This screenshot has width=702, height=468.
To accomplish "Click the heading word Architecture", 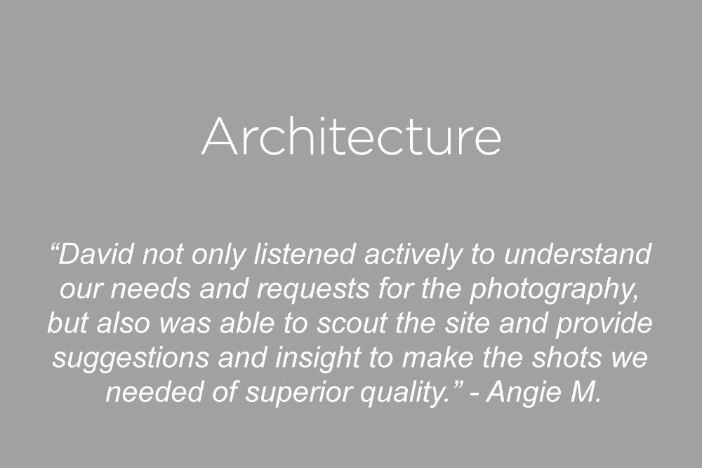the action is [x=352, y=136].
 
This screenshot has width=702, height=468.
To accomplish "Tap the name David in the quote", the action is [x=96, y=254].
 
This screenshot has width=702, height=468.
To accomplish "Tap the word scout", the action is [x=353, y=323].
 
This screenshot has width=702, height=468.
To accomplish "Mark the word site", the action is [x=467, y=323].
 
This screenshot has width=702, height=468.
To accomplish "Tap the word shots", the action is [x=567, y=357].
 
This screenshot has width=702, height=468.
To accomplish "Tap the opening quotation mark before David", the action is [x=54, y=247].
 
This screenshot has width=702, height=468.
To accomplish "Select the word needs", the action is [x=150, y=288].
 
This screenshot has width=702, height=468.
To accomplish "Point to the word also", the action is [x=123, y=323].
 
